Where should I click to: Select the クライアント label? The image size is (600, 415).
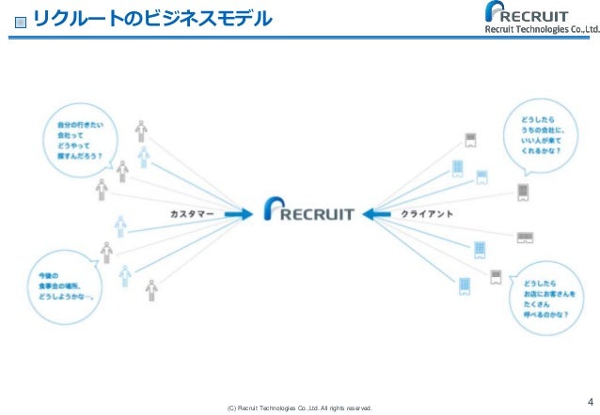click(428, 214)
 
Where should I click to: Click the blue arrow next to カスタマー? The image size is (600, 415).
click(238, 214)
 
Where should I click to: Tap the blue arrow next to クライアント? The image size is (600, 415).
click(380, 214)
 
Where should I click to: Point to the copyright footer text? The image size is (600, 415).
click(293, 408)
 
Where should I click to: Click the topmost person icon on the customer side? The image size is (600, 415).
click(141, 129)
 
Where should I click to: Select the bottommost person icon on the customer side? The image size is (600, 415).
click(151, 292)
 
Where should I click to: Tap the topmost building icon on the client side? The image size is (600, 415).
click(471, 141)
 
